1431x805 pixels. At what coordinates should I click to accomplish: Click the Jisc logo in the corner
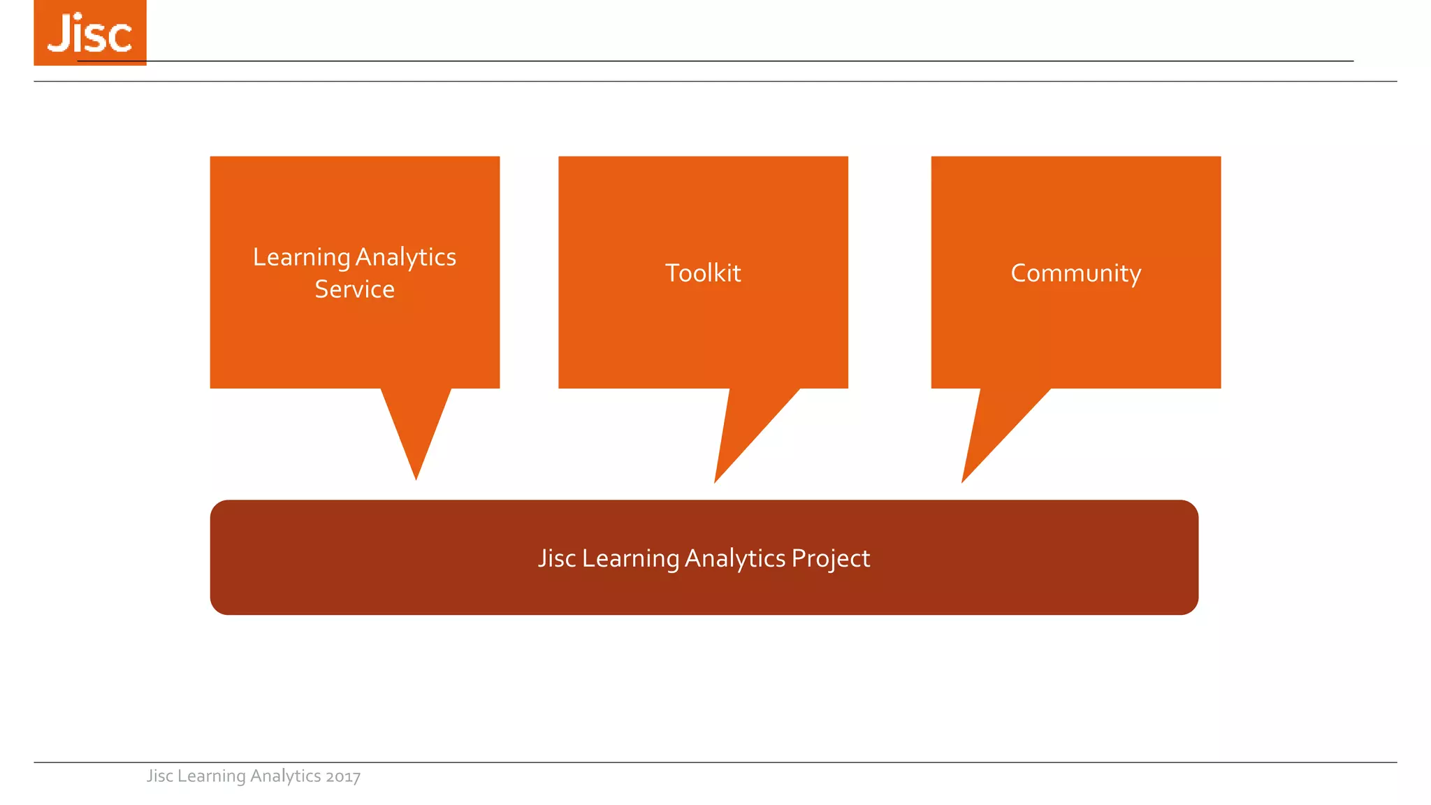click(90, 33)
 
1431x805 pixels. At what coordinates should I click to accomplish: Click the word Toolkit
click(702, 273)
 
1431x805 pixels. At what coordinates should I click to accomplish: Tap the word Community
click(1075, 273)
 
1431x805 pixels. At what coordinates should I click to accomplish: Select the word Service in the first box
click(354, 289)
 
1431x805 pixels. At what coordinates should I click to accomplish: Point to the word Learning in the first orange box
click(301, 258)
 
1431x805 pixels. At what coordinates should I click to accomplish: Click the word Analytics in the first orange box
click(406, 258)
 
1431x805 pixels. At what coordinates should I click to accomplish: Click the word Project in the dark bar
click(830, 558)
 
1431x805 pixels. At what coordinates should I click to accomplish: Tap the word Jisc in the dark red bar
click(556, 558)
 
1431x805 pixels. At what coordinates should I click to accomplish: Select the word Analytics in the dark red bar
click(735, 558)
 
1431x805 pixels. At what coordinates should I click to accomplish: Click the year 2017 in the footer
click(343, 776)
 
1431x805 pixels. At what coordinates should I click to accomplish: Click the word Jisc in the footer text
click(159, 776)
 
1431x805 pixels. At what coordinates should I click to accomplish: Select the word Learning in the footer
click(211, 776)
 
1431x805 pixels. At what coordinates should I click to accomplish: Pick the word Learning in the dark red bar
click(630, 558)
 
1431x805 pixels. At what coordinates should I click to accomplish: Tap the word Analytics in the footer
click(285, 776)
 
